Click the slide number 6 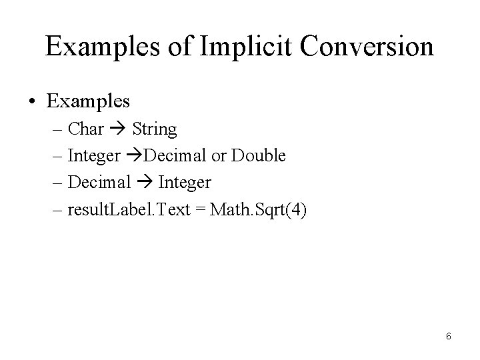coord(449,336)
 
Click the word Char coord(86,129)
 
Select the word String coord(155,129)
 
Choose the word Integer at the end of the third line coord(185,182)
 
